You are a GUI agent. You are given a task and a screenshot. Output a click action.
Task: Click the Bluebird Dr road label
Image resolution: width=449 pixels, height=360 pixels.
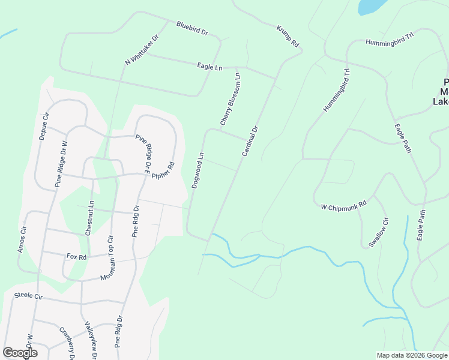point(191,28)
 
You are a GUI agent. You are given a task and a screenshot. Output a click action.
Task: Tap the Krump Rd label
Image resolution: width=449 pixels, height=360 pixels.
point(288,36)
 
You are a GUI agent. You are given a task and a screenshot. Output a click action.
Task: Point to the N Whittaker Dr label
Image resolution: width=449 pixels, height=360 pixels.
point(142,50)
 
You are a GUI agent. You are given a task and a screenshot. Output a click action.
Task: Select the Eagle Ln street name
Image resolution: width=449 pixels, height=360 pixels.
point(209,66)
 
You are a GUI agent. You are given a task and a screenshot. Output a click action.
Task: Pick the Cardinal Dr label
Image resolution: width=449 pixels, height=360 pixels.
point(250,142)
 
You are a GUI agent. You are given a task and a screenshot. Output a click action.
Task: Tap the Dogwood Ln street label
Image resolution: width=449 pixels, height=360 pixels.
point(198,170)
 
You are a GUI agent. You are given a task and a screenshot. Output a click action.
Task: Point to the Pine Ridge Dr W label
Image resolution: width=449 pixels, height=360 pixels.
point(62,164)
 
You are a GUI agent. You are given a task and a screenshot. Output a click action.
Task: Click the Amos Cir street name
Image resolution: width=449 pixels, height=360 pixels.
point(23,239)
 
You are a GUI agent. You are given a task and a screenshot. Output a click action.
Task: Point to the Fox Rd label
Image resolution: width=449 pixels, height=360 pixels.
point(77,256)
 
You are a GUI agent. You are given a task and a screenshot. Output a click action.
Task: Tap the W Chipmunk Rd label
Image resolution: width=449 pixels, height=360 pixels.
point(343,206)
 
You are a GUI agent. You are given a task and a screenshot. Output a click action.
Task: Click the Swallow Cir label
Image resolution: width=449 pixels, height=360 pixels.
point(379,232)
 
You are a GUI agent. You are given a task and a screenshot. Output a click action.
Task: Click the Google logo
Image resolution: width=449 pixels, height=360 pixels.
point(20,352)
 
